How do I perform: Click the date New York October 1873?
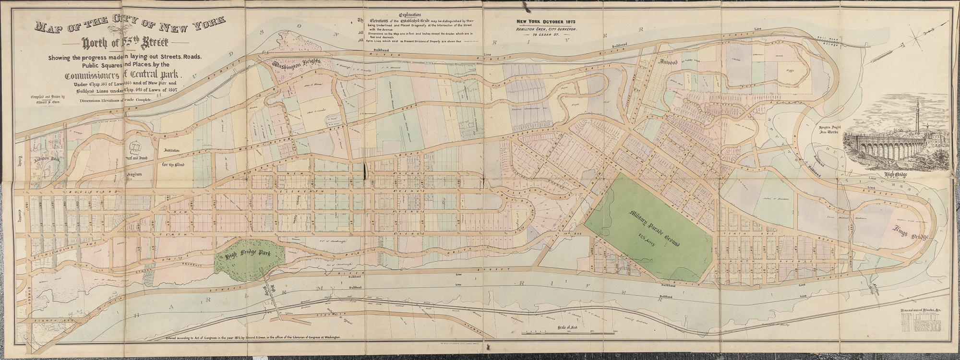pos(546,22)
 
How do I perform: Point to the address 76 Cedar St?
pos(545,35)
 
